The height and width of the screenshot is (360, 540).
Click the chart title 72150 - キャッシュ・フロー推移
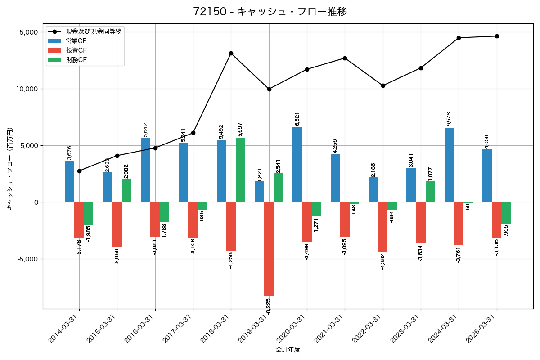coord(270,12)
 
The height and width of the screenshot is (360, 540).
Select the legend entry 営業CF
coord(76,41)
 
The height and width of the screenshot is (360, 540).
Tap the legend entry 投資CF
coord(76,50)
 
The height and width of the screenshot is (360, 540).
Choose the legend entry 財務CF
coord(76,60)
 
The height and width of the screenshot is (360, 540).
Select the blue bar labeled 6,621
coord(297,164)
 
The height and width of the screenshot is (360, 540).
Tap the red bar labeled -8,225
coord(269,248)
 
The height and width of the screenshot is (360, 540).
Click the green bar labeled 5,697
coord(240,170)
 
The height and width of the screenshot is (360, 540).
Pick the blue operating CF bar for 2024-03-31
coord(449,165)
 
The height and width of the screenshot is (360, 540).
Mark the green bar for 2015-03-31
coord(126,190)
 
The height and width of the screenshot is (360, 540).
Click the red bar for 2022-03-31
coord(382,227)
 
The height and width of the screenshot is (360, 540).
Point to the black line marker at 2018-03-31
coord(231,53)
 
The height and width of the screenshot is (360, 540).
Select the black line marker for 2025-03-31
coord(497,36)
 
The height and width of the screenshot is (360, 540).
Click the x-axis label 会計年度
coord(288,350)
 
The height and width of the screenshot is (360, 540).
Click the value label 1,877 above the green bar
coord(430,172)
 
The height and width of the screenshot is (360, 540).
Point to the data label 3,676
coord(69,153)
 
